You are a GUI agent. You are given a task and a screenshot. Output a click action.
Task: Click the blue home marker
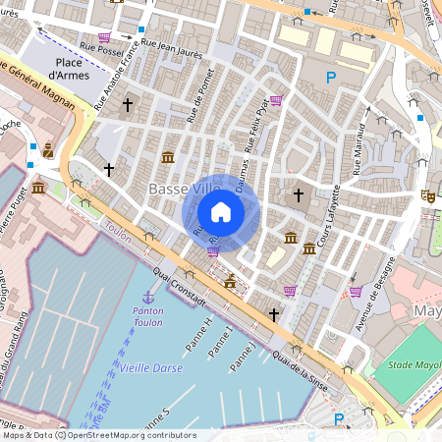(x=221, y=211)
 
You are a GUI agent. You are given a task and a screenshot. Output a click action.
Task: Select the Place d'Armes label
(x=71, y=68)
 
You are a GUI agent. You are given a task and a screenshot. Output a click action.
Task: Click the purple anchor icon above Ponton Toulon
(x=148, y=296)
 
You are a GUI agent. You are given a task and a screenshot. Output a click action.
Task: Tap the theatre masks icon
(x=428, y=195)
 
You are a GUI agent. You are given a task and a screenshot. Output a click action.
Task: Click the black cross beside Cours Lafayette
(x=300, y=195)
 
